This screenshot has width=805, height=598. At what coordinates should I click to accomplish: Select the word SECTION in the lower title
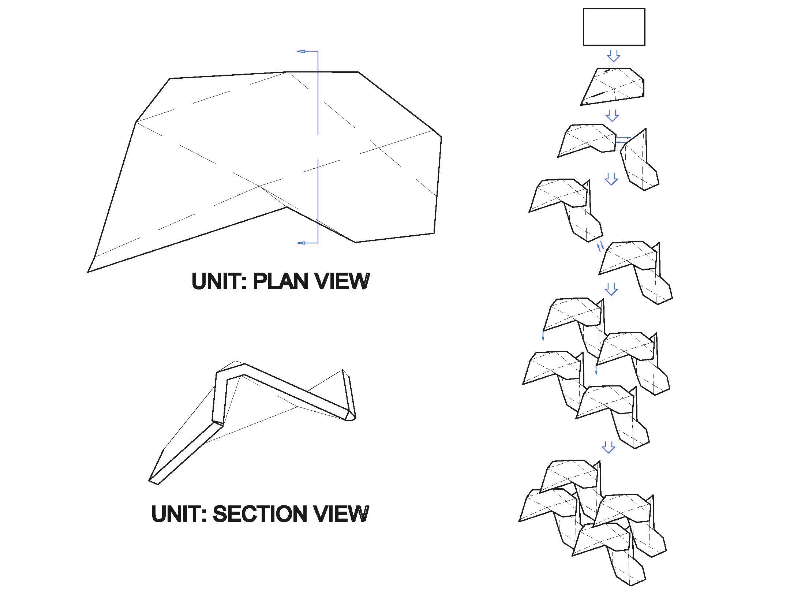(x=259, y=513)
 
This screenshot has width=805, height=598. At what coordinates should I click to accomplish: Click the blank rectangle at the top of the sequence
(x=614, y=27)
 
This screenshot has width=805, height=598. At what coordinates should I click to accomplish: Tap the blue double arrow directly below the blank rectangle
(x=614, y=56)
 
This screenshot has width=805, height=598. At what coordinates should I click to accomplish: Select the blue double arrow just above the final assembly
(x=609, y=447)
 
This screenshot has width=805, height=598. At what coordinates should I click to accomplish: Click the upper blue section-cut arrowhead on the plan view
(x=301, y=51)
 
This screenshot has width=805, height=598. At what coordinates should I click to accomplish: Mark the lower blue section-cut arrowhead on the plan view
(x=301, y=243)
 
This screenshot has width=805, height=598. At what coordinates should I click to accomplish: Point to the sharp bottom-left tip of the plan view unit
(x=88, y=272)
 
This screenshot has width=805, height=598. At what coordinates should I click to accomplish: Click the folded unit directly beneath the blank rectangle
(x=613, y=86)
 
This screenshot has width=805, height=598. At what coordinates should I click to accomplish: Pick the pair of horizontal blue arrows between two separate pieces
(x=624, y=140)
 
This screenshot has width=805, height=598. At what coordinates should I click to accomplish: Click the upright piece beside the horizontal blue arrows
(x=640, y=160)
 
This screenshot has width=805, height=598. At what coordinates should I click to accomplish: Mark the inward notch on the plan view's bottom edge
(x=287, y=208)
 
